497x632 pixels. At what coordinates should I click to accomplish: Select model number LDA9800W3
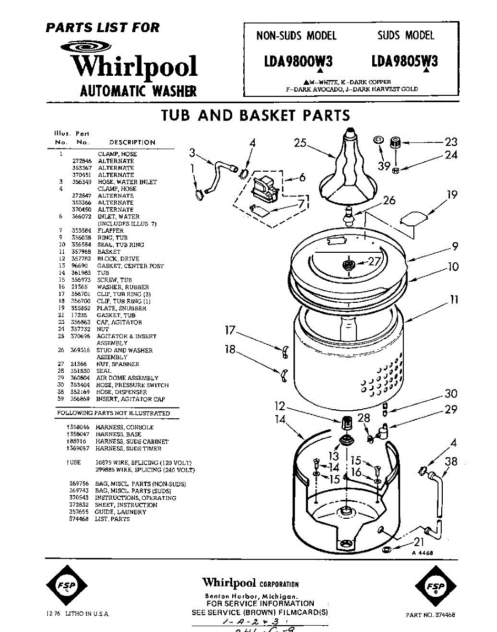click(x=298, y=62)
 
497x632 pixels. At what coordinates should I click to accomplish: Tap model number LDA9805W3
click(x=404, y=62)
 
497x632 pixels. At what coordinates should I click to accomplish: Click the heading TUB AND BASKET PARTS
click(x=255, y=115)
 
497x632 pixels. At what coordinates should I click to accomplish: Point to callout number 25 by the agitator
click(x=300, y=142)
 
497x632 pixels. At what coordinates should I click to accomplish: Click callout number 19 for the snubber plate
click(x=452, y=195)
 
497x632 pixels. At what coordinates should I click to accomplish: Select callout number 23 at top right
click(x=451, y=141)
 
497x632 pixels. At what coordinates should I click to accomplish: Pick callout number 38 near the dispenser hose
click(x=451, y=462)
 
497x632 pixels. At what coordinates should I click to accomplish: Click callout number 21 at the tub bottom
click(x=419, y=541)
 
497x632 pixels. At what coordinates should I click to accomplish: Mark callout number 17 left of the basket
click(x=230, y=331)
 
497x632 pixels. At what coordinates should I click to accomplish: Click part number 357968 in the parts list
click(x=81, y=252)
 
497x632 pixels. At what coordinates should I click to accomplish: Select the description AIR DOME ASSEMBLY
click(x=127, y=378)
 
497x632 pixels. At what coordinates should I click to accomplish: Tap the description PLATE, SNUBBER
click(x=121, y=308)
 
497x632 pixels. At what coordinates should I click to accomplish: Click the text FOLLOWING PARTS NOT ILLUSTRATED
click(x=113, y=413)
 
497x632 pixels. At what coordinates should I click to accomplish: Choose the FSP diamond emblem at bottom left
click(x=66, y=586)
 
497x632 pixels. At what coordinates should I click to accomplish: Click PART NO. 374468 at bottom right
click(x=431, y=615)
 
